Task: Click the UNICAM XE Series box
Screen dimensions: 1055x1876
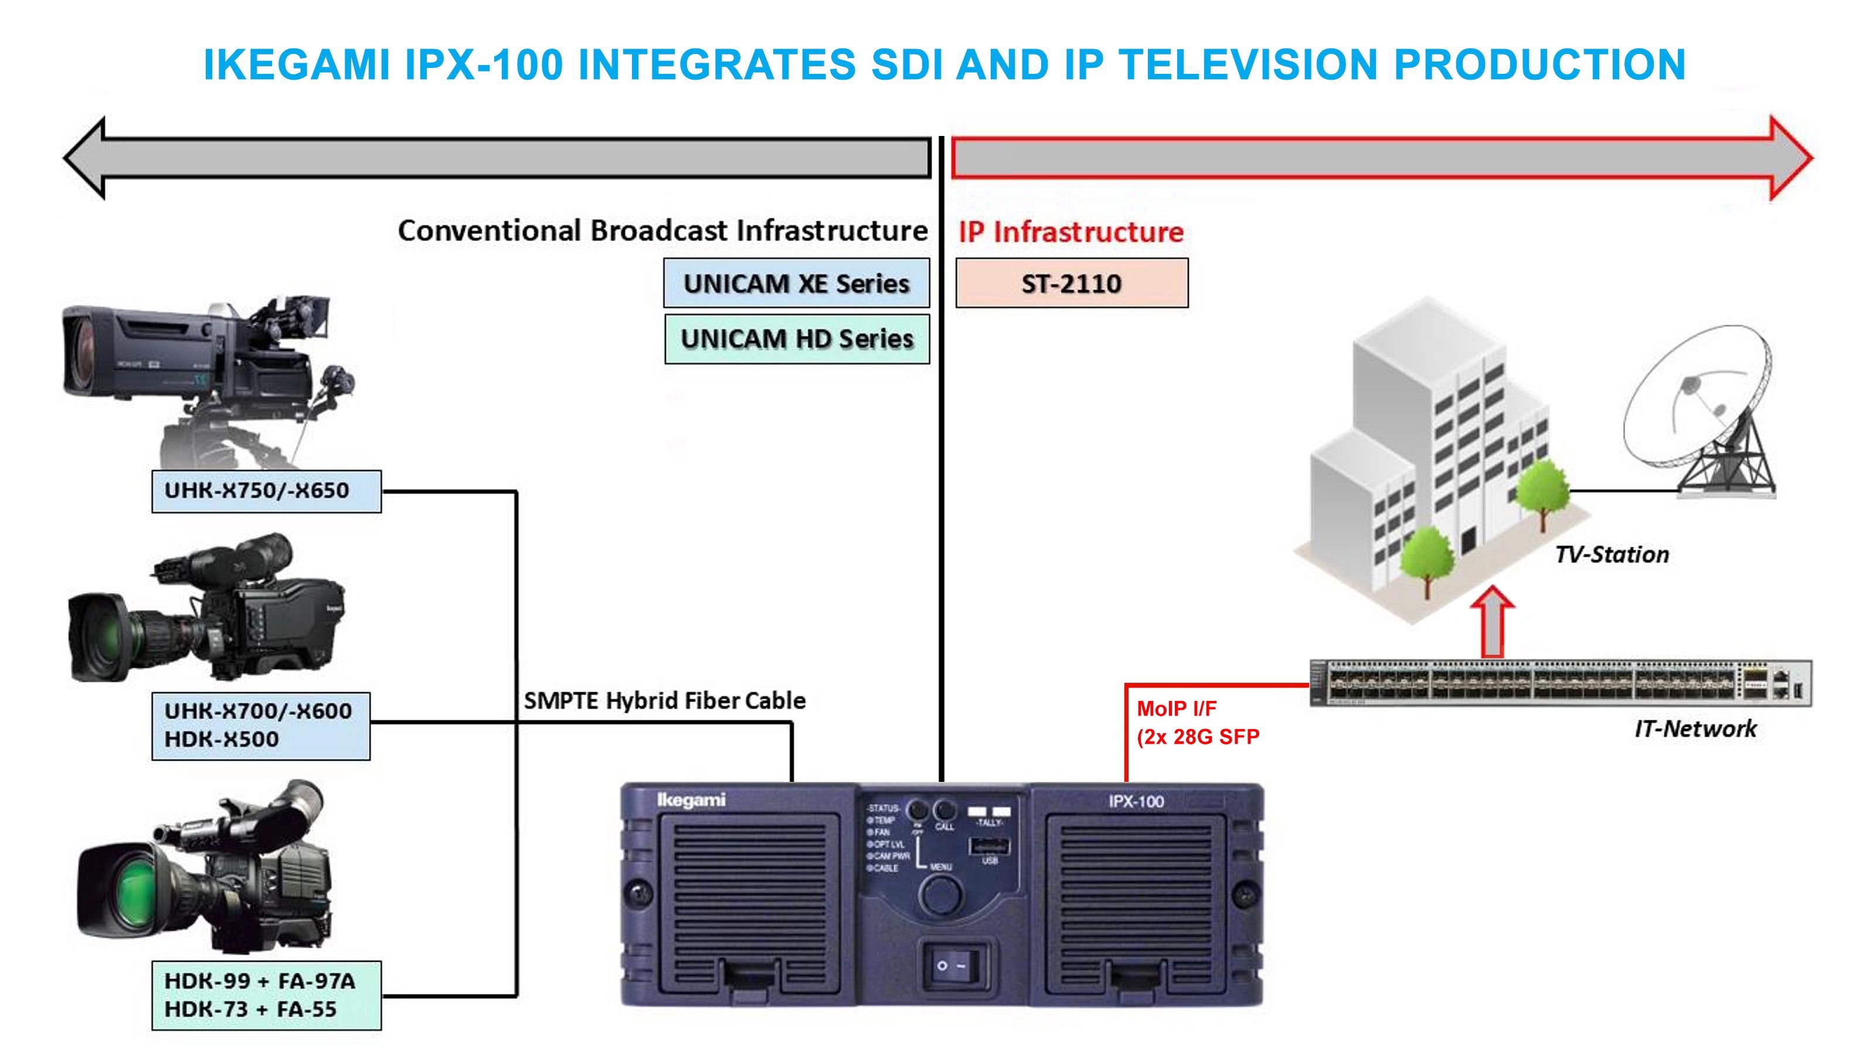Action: (x=796, y=283)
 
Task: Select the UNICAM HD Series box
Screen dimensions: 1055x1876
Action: (x=797, y=339)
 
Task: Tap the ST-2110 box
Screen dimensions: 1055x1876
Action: (x=1071, y=283)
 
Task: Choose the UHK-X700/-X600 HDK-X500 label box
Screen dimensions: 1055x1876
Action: (x=260, y=725)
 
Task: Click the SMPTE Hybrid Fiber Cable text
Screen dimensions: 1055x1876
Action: (x=664, y=700)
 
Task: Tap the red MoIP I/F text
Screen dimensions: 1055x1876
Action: (x=1176, y=709)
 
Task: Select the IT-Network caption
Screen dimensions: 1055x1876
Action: (x=1695, y=728)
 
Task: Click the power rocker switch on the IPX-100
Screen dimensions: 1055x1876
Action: (x=952, y=965)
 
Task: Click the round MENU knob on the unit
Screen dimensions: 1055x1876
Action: (x=940, y=893)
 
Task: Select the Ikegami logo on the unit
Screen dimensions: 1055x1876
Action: (x=691, y=800)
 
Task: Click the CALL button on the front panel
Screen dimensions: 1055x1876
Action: (x=944, y=811)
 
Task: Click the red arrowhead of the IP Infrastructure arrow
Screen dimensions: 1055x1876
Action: (x=1789, y=157)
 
